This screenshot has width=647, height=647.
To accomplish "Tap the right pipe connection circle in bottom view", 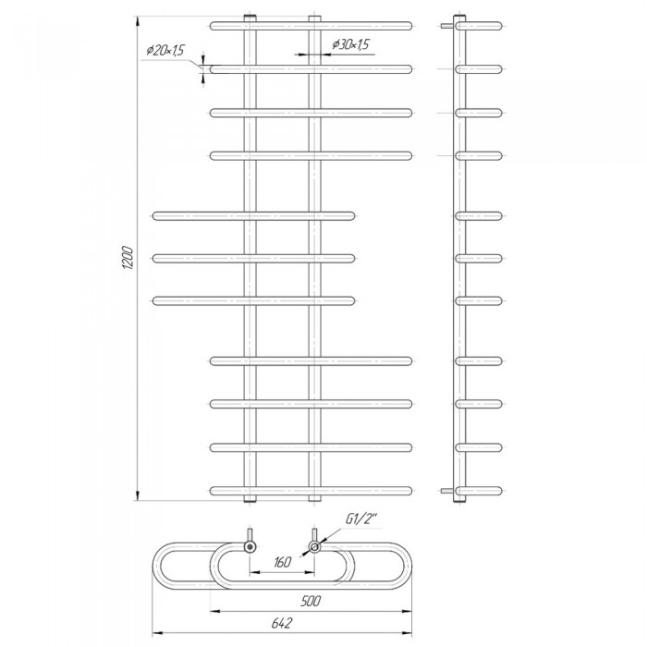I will pos(315,547).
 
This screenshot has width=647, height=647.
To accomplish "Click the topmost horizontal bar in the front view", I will pos(311,24).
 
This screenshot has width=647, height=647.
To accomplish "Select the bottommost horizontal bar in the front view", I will pos(311,489).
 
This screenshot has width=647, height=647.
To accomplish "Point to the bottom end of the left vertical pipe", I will pos(249,500).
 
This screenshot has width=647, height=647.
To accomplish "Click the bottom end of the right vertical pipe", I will pos(315,500).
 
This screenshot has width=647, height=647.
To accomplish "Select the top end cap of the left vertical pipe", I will pos(249,18).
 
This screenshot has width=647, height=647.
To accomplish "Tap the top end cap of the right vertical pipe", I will pos(315,18).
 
